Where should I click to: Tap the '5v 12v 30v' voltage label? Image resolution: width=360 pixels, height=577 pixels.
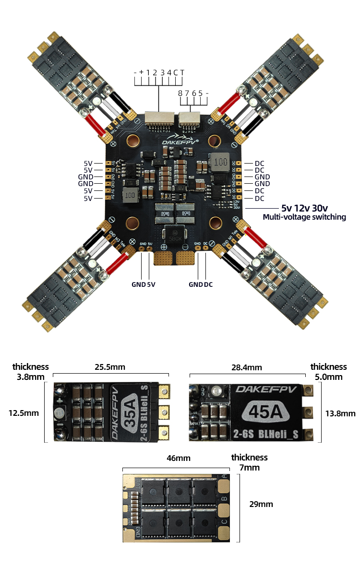click(304, 208)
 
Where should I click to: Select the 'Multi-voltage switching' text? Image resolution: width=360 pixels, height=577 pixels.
click(304, 217)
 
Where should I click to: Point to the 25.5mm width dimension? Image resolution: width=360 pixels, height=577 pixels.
click(109, 367)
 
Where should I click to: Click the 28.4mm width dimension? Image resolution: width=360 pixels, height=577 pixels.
click(247, 367)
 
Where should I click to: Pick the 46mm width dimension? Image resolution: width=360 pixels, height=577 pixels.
click(178, 458)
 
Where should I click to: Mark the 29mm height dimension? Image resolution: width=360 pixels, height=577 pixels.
click(261, 504)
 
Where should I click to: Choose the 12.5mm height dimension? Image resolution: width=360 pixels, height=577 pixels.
click(24, 412)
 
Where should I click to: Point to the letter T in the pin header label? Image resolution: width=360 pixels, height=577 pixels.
click(182, 72)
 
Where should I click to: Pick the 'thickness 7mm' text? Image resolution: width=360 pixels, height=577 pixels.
click(249, 462)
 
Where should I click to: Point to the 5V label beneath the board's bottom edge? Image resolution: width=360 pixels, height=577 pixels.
click(151, 284)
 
